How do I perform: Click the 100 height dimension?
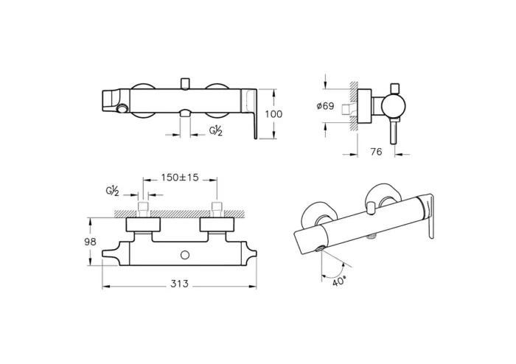pyautogui.click(x=273, y=114)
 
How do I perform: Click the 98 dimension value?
pyautogui.click(x=90, y=242)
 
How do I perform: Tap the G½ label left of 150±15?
pyautogui.click(x=112, y=192)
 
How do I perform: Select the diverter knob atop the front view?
pyautogui.click(x=184, y=80)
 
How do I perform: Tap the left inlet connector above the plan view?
pyautogui.click(x=144, y=207)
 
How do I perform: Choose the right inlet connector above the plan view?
pyautogui.click(x=217, y=207)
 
